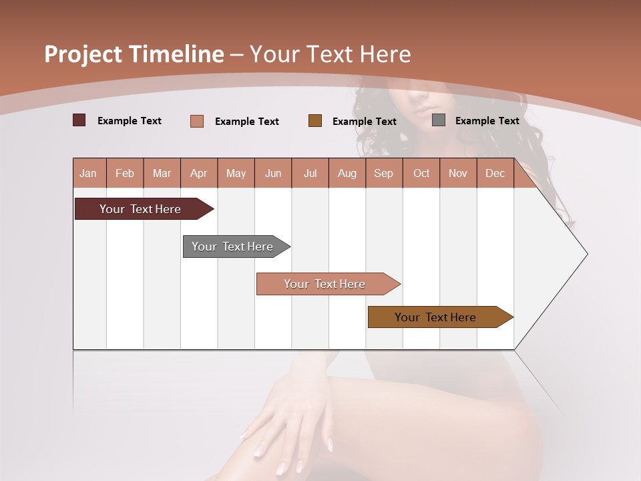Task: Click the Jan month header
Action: pyautogui.click(x=88, y=173)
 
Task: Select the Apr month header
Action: pyautogui.click(x=199, y=173)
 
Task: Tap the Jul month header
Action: pyautogui.click(x=310, y=173)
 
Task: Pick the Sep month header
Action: pyautogui.click(x=383, y=173)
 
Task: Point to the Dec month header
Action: pyautogui.click(x=495, y=173)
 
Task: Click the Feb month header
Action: pyautogui.click(x=125, y=173)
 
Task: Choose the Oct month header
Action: pyautogui.click(x=421, y=173)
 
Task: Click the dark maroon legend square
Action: pyautogui.click(x=79, y=120)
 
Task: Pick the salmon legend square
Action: pyautogui.click(x=197, y=121)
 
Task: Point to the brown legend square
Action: pyautogui.click(x=315, y=121)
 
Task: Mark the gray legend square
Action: pyautogui.click(x=439, y=120)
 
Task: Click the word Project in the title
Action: pyautogui.click(x=82, y=54)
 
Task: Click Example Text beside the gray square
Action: pyautogui.click(x=487, y=121)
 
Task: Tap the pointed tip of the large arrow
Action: pyautogui.click(x=586, y=254)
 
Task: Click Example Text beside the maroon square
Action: pyautogui.click(x=130, y=121)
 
